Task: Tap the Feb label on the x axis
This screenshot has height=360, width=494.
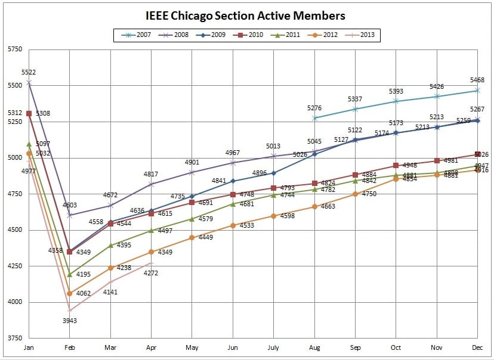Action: tap(70, 347)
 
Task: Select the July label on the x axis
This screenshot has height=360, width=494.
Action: tap(273, 347)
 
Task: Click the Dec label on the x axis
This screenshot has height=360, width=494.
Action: tap(477, 347)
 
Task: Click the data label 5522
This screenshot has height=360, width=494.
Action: tap(29, 72)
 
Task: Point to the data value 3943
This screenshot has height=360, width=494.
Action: tap(70, 321)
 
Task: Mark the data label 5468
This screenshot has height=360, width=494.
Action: tap(477, 80)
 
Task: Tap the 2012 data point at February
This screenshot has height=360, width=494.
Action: tap(70, 293)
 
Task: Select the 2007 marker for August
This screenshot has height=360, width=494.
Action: tap(314, 118)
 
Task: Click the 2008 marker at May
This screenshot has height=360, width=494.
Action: tap(192, 172)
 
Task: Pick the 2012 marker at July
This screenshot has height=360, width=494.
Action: tap(273, 216)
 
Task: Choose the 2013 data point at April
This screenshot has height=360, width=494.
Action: tap(151, 263)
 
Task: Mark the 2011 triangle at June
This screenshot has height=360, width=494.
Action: tap(233, 204)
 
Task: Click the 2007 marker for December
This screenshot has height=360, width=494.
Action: tap(477, 90)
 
